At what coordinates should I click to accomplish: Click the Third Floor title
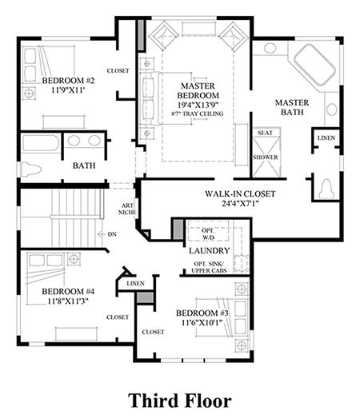pyautogui.click(x=180, y=401)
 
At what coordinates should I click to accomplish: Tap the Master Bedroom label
pyautogui.click(x=198, y=90)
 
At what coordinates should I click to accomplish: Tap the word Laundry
pyautogui.click(x=210, y=250)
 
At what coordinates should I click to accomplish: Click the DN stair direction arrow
pyautogui.click(x=102, y=234)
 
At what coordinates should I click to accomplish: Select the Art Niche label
pyautogui.click(x=127, y=209)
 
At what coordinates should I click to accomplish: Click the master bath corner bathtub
pyautogui.click(x=315, y=65)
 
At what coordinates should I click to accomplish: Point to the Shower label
pyautogui.click(x=266, y=158)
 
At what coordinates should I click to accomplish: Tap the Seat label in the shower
pyautogui.click(x=265, y=133)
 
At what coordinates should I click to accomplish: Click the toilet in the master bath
pyautogui.click(x=326, y=189)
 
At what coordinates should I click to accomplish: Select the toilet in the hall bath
pyautogui.click(x=31, y=170)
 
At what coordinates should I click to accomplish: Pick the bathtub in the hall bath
pyautogui.click(x=41, y=143)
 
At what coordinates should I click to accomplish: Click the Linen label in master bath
pyautogui.click(x=326, y=138)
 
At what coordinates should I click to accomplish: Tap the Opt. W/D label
pyautogui.click(x=208, y=233)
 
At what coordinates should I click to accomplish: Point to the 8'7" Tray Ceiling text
pyautogui.click(x=198, y=114)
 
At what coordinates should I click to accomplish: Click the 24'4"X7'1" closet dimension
pyautogui.click(x=240, y=204)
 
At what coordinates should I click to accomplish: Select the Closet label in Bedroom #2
pyautogui.click(x=118, y=71)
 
